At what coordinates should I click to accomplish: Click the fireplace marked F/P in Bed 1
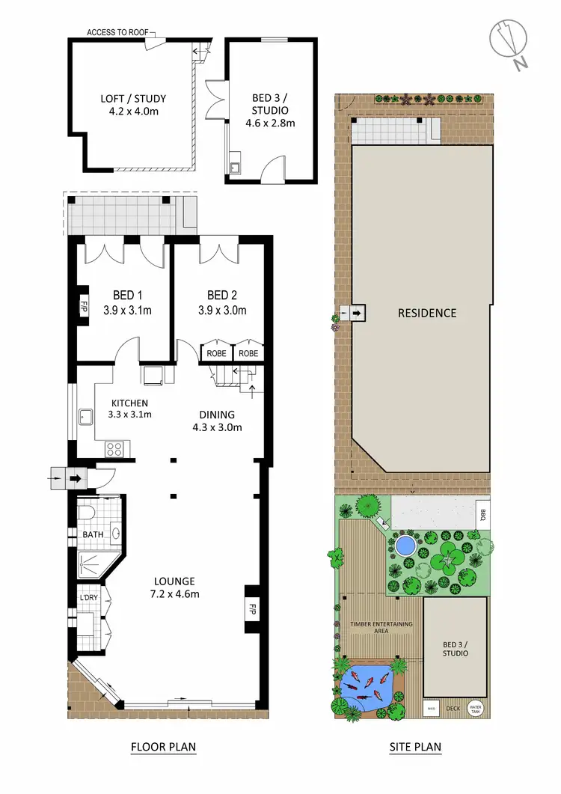point(84,307)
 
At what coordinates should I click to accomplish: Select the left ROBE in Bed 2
point(217,353)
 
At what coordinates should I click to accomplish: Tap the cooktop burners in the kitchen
point(116,449)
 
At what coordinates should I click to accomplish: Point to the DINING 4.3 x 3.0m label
point(217,421)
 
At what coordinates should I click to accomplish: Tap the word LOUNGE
point(174,581)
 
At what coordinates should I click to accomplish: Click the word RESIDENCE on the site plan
point(426,313)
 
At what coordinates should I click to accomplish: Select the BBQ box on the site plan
point(482,513)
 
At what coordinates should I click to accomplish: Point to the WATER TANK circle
point(474,707)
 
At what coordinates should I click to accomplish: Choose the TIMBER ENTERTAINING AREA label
point(376,628)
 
